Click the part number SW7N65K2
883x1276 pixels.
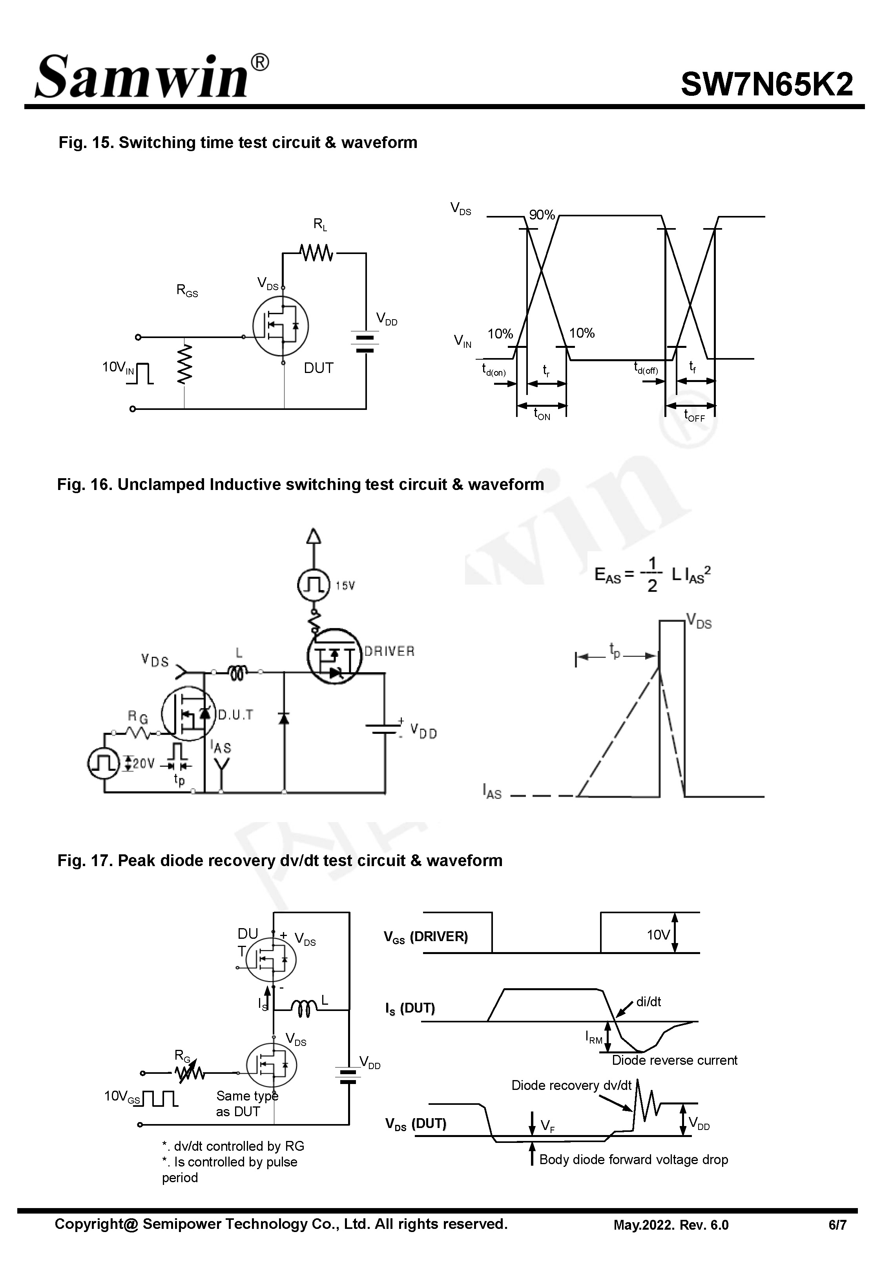point(766,85)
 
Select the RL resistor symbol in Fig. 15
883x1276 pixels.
point(316,253)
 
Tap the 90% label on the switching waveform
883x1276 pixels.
point(542,215)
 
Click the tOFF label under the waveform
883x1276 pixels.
point(694,415)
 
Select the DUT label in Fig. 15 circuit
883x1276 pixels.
point(318,368)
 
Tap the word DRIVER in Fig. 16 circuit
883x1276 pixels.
point(389,651)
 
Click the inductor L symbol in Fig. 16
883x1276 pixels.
point(238,672)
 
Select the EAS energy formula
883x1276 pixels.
point(652,576)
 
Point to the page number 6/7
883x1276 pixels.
point(837,1225)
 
